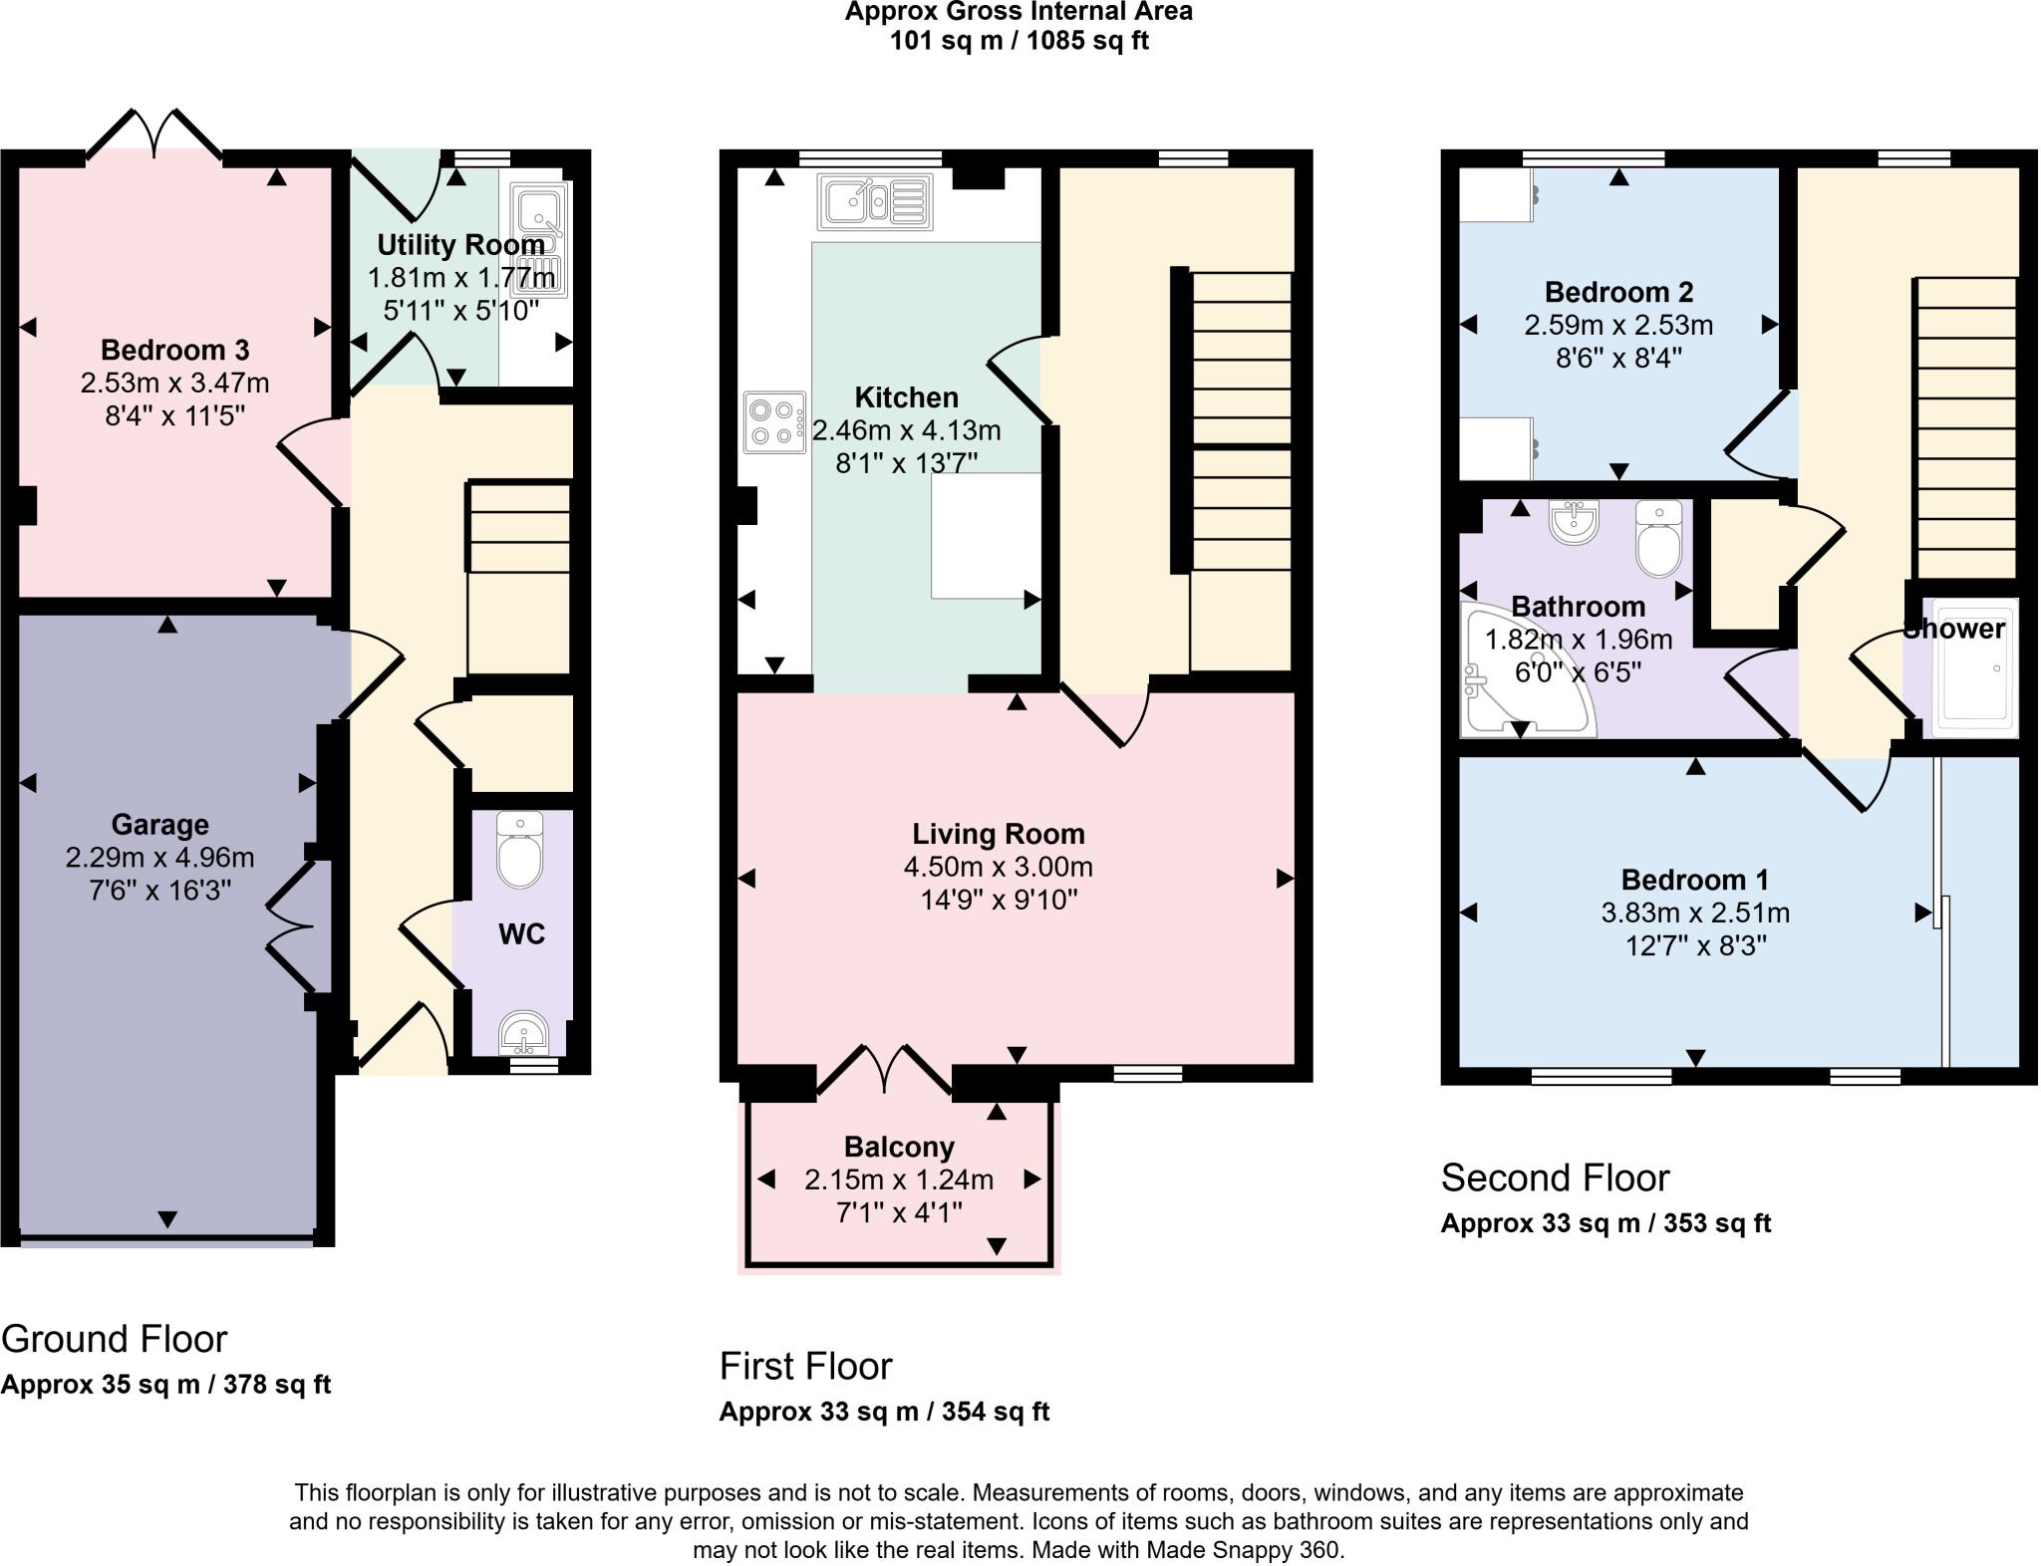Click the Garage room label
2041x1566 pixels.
159,824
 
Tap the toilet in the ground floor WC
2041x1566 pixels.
519,852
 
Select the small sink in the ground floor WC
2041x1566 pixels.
522,1034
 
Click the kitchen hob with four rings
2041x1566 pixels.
774,421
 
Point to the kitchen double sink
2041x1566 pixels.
874,202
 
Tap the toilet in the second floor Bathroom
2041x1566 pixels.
1658,540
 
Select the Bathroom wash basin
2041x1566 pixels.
1575,522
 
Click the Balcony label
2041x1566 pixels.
899,1147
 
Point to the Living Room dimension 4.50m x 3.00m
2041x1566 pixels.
998,867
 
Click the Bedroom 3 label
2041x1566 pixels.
174,350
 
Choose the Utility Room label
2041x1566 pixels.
460,244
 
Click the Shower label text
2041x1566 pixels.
1953,629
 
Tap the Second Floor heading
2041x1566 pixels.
1555,1177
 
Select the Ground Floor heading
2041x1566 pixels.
115,1338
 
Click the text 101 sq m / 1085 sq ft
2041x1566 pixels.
1019,41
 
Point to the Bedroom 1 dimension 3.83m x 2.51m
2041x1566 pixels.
1695,913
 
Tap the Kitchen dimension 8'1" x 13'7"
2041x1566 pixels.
906,462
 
